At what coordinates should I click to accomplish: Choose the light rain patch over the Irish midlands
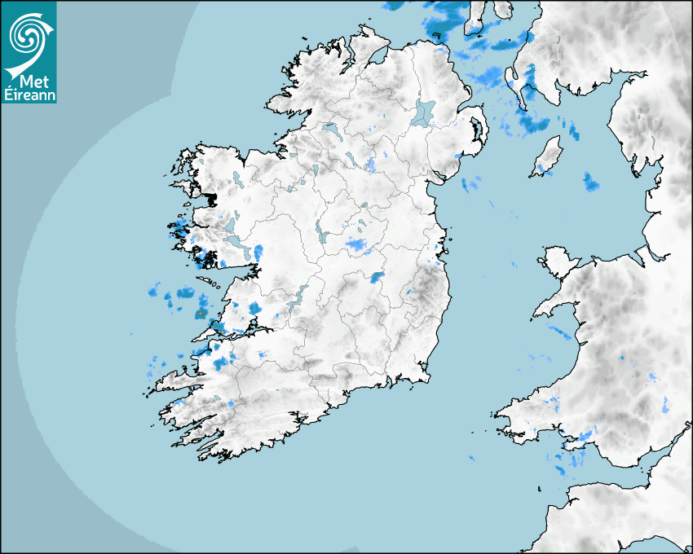(356, 243)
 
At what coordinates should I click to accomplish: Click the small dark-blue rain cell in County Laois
(376, 278)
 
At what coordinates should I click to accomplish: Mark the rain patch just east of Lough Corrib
(258, 253)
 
